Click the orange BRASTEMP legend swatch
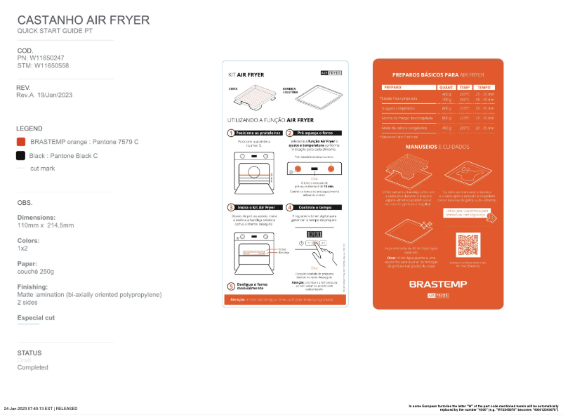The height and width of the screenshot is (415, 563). pyautogui.click(x=21, y=142)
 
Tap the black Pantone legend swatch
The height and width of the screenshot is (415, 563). pyautogui.click(x=21, y=155)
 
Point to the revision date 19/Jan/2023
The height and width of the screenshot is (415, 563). pyautogui.click(x=55, y=95)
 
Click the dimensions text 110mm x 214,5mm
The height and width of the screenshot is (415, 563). pyautogui.click(x=46, y=225)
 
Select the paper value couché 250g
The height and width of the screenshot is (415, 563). pyautogui.click(x=36, y=271)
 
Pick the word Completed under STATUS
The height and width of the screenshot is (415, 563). pyautogui.click(x=32, y=367)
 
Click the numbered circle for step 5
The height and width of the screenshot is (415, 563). pyautogui.click(x=231, y=286)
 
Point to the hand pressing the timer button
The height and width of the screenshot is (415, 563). pyautogui.click(x=325, y=253)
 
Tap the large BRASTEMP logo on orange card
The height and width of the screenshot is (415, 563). pyautogui.click(x=438, y=284)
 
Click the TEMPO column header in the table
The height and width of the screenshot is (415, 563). pyautogui.click(x=485, y=87)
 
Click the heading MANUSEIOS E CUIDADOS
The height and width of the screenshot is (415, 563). pyautogui.click(x=438, y=147)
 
